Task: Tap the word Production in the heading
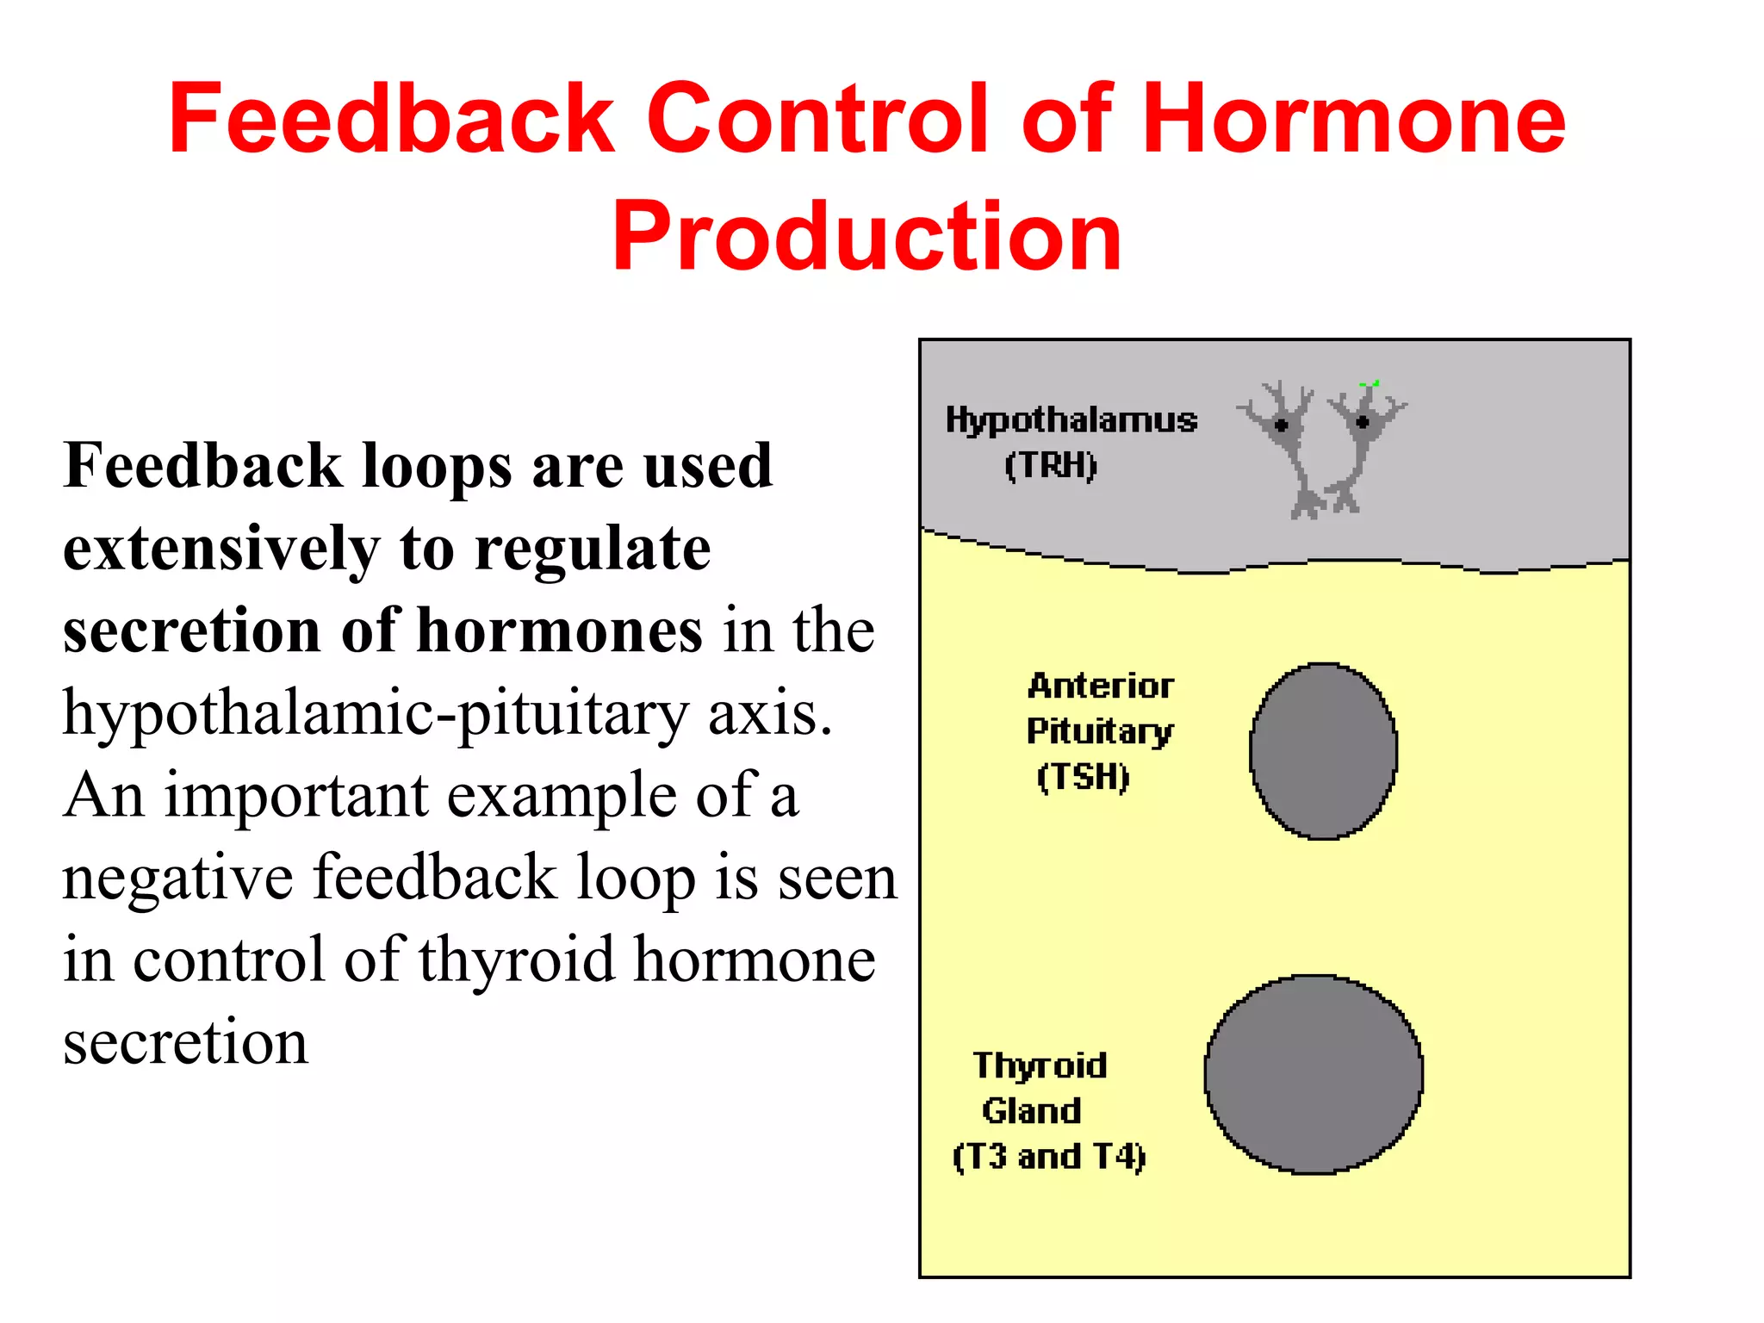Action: tap(866, 236)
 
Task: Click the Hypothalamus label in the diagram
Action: tap(1071, 420)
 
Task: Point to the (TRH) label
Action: tap(1051, 466)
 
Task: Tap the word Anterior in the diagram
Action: tap(1101, 686)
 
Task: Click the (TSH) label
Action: tap(1083, 777)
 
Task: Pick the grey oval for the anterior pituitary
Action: tap(1324, 751)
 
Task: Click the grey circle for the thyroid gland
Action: tap(1314, 1074)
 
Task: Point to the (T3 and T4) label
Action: tap(1049, 1157)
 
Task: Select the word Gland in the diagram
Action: tap(1031, 1111)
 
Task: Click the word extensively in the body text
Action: tap(221, 550)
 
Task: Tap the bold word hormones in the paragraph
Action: tap(560, 631)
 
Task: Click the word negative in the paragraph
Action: tap(177, 878)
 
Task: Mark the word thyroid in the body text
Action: tap(517, 960)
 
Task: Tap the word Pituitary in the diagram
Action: tap(1099, 731)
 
